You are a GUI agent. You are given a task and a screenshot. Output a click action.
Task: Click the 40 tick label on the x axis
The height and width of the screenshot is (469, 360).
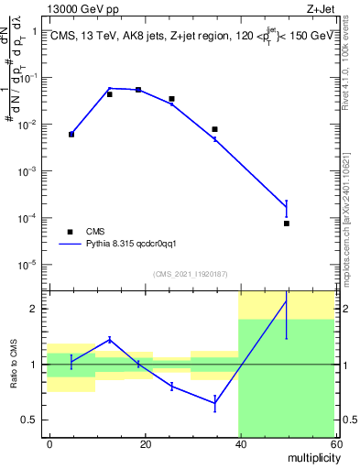tap(239, 442)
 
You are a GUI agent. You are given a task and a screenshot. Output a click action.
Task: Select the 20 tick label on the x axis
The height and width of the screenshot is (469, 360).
tap(145, 442)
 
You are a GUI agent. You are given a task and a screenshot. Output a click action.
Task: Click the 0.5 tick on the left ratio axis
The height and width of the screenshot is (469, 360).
tap(30, 420)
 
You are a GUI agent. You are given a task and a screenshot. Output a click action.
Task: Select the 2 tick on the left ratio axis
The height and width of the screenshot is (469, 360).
tap(36, 309)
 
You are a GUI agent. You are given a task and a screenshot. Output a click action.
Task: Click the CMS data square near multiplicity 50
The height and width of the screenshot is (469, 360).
tap(286, 224)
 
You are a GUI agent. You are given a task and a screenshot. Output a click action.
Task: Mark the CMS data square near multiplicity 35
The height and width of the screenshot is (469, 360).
tap(214, 129)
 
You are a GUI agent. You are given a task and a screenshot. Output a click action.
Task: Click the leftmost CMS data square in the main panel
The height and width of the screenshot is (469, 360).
tap(71, 135)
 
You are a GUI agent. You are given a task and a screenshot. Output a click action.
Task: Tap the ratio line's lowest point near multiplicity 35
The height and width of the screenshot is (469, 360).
tap(214, 403)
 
